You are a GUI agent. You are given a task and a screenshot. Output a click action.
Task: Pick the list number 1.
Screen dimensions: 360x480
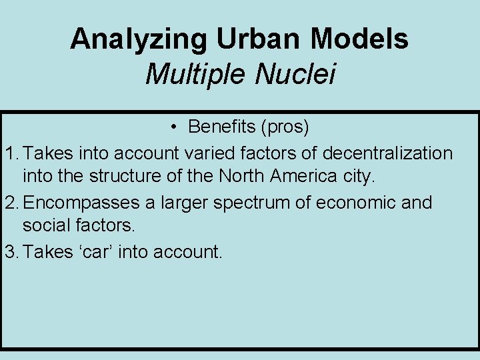(9, 153)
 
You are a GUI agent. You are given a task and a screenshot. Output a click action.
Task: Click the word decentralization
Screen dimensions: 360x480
(387, 153)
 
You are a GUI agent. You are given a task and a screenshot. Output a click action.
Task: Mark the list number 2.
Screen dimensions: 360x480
(9, 203)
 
